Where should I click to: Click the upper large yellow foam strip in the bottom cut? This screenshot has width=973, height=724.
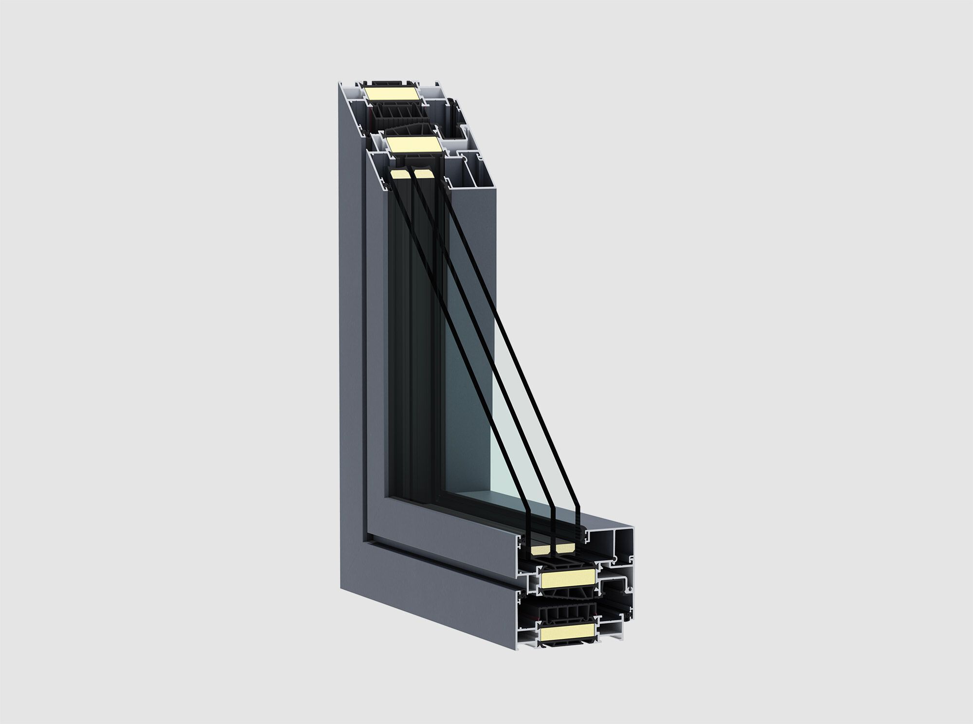568,579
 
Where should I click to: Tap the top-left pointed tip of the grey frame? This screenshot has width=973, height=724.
339,84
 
